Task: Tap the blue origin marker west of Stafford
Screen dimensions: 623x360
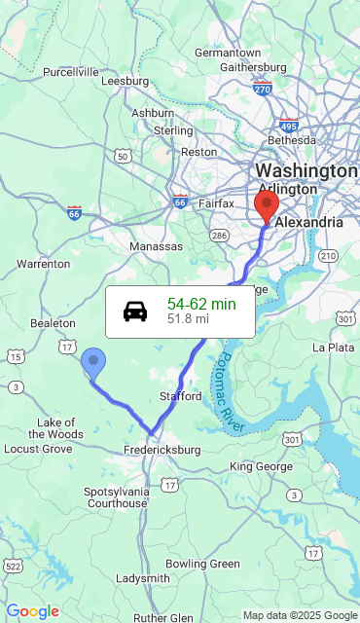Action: [93, 362]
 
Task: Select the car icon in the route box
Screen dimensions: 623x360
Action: [135, 311]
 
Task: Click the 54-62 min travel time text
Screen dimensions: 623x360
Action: [201, 305]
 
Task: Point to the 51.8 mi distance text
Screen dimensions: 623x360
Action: [188, 318]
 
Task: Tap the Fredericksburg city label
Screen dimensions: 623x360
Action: [162, 450]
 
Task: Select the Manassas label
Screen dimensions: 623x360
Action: [156, 246]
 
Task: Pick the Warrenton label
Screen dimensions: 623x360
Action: [44, 264]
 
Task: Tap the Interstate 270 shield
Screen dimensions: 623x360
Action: [262, 90]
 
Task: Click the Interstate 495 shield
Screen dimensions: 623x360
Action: [288, 126]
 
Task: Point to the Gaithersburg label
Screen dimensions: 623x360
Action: [253, 67]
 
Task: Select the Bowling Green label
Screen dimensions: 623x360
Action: [202, 564]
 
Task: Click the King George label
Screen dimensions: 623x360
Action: [261, 467]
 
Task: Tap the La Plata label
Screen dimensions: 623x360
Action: [333, 347]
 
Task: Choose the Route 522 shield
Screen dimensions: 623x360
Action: [13, 566]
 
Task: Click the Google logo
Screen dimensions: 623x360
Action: [33, 611]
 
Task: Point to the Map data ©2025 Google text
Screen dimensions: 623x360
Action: [300, 615]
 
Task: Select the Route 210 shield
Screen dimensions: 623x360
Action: [328, 256]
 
